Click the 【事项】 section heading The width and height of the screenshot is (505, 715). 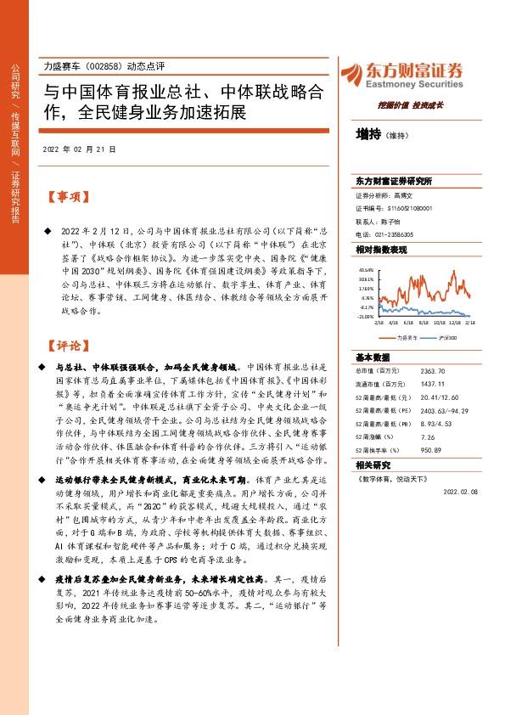pyautogui.click(x=69, y=197)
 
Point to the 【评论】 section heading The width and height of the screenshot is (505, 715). pyautogui.click(x=69, y=346)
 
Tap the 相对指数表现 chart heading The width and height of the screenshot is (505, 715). pyautogui.click(x=381, y=250)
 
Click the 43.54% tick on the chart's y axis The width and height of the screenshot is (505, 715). pyautogui.click(x=366, y=269)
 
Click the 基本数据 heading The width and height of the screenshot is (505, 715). pyautogui.click(x=373, y=357)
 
